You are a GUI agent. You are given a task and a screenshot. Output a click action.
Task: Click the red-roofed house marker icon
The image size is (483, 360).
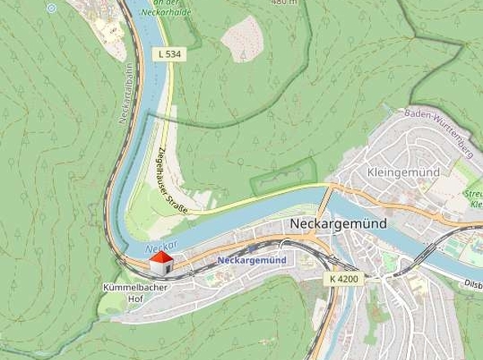160,263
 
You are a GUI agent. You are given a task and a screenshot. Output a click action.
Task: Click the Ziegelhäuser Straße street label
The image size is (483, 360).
172,181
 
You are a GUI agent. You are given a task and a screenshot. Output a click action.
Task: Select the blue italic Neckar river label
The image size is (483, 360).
146,243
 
